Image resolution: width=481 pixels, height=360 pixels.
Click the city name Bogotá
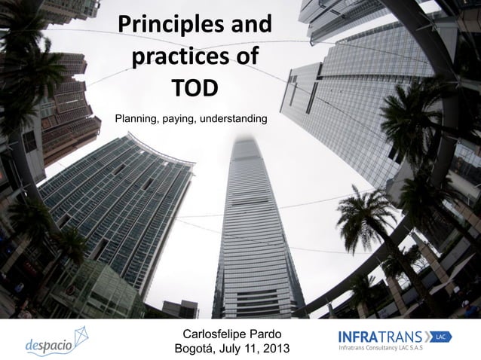coord(198,349)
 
